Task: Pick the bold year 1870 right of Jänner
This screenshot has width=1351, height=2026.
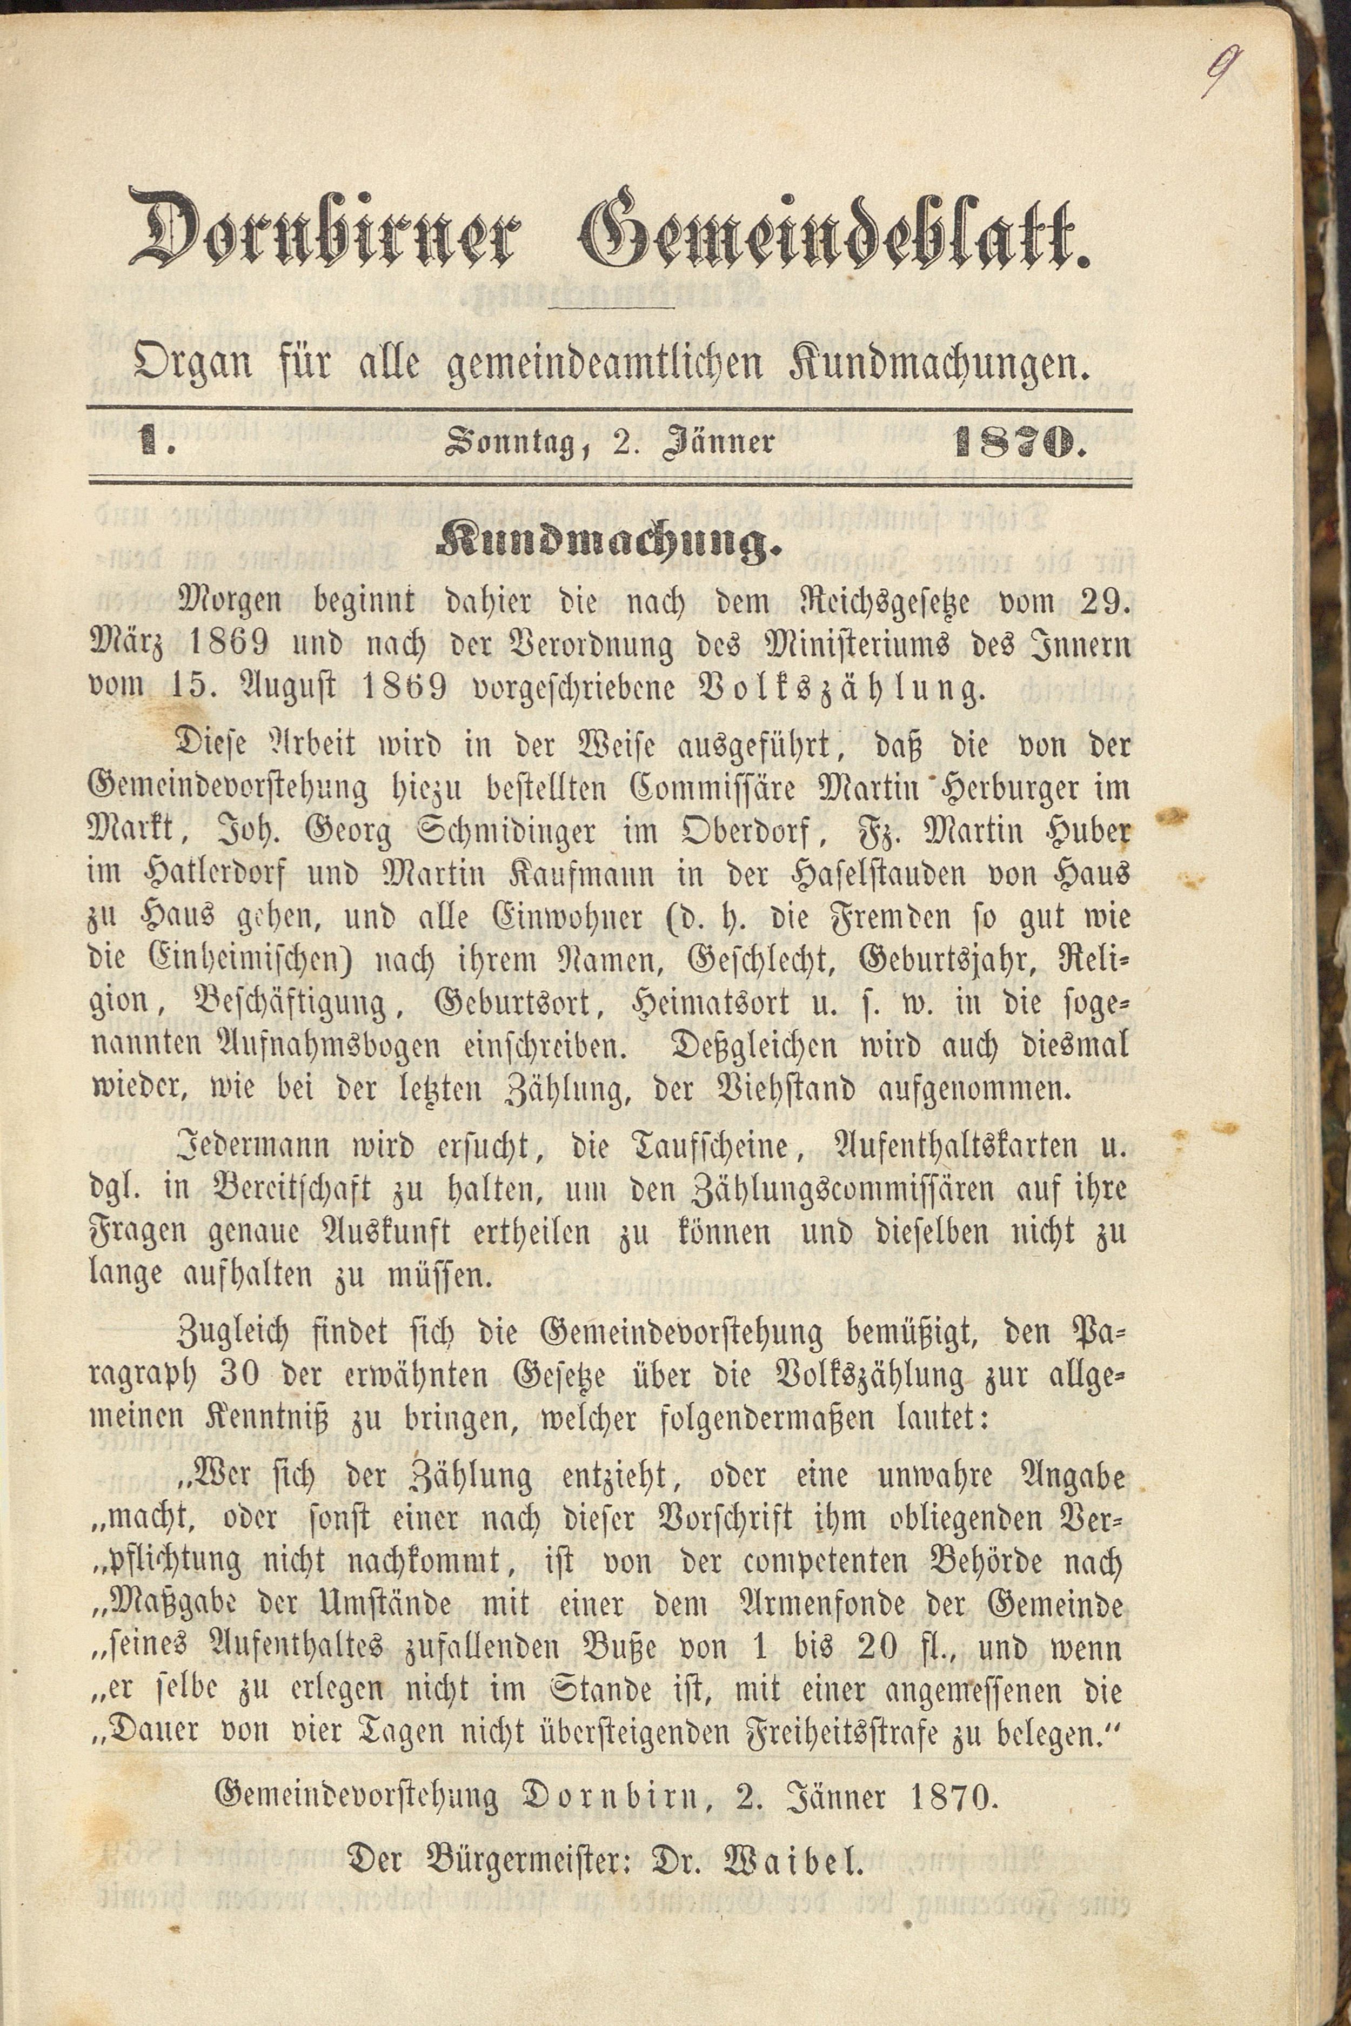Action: pyautogui.click(x=1016, y=443)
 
